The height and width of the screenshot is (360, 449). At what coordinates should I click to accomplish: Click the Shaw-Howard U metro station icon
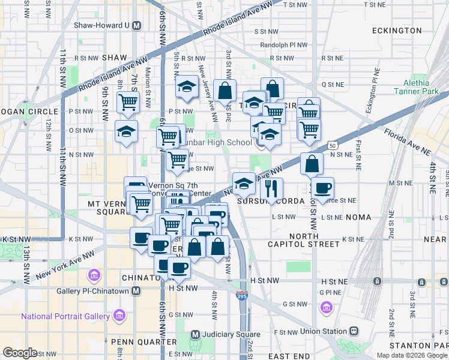click(x=137, y=26)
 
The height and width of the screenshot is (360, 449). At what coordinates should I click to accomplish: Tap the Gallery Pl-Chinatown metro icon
click(x=136, y=291)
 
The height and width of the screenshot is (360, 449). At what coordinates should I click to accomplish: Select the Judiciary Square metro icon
click(x=194, y=334)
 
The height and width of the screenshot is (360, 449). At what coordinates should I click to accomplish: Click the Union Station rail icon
click(x=355, y=331)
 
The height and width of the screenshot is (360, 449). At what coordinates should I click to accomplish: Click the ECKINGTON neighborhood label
click(x=397, y=30)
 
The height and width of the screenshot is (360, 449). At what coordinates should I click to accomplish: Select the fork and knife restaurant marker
click(x=272, y=188)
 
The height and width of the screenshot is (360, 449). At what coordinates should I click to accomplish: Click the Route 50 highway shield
click(x=332, y=145)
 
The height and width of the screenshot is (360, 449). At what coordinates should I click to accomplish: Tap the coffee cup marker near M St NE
click(x=322, y=188)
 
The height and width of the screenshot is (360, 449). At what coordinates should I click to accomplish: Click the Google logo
click(x=20, y=352)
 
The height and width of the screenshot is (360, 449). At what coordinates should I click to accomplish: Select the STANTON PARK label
click(x=418, y=346)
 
